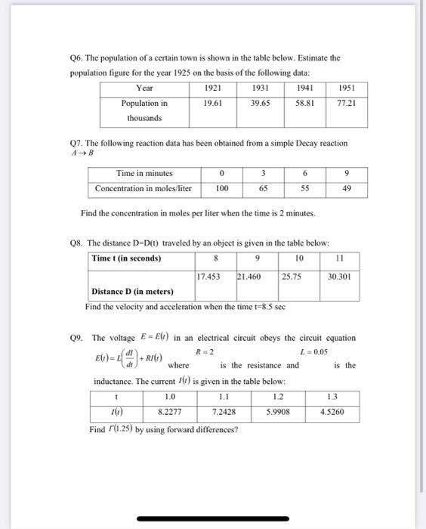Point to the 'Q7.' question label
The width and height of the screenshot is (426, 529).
coord(76,143)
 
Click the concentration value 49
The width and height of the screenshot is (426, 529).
coord(346,188)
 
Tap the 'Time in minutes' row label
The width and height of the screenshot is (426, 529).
coord(144,173)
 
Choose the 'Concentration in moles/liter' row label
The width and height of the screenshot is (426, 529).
coord(144,188)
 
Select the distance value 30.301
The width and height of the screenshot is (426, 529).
coord(339,276)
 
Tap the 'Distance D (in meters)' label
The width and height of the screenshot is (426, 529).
coord(132,292)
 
